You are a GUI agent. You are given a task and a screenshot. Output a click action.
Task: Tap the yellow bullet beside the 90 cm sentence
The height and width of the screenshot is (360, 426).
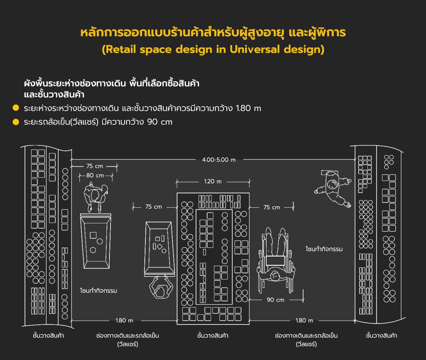(16, 122)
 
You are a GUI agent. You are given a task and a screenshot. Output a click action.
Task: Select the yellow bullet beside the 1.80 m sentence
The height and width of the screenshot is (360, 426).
(16, 108)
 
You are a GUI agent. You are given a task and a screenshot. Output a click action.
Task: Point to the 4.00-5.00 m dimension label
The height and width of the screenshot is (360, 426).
(219, 160)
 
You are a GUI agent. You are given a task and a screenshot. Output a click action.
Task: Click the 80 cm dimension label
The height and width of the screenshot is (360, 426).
(95, 175)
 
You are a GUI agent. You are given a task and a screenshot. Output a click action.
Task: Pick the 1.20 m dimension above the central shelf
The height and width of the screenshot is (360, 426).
(213, 181)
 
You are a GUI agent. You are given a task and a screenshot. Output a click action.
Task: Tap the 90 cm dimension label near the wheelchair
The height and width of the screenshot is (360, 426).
(275, 300)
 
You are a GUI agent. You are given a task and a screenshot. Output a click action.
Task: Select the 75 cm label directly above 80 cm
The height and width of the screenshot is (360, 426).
(95, 166)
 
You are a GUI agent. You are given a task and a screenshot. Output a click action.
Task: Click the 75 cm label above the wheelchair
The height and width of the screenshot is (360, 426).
(272, 207)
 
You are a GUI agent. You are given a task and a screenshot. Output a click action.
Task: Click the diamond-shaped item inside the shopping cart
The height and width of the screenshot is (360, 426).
(159, 247)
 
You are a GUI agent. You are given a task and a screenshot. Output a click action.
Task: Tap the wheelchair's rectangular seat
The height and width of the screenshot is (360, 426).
(275, 261)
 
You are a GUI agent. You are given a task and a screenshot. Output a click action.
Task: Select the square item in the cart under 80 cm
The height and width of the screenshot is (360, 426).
(93, 235)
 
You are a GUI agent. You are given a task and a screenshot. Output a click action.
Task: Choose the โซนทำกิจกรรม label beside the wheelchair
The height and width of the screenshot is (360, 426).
(324, 249)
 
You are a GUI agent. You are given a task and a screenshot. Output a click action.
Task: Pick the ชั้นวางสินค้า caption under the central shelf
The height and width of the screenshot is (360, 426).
(213, 336)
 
